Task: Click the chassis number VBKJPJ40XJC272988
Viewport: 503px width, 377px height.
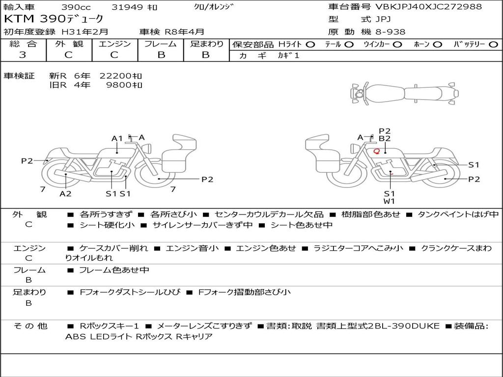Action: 428,7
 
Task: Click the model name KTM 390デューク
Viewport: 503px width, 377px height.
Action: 54,19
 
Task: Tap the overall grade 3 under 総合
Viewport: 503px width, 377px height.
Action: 23,55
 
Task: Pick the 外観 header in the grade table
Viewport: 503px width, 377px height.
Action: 69,44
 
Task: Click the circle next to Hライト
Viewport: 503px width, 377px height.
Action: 310,44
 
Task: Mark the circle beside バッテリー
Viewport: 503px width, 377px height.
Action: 493,44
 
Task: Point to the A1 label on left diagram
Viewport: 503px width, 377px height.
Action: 117,138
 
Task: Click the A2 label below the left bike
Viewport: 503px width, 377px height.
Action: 65,193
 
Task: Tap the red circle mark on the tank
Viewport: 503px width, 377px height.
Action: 377,151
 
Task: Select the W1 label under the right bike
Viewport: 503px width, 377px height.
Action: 389,201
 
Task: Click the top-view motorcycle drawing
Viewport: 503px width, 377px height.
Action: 405,94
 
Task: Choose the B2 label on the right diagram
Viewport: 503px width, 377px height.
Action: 385,138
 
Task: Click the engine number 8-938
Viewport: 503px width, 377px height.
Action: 391,32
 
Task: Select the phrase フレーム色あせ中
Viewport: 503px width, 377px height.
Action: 114,270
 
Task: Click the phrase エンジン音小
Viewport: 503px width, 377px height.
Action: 192,248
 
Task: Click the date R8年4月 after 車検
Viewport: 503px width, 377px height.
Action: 184,32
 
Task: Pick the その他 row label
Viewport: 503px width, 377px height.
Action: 30,326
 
